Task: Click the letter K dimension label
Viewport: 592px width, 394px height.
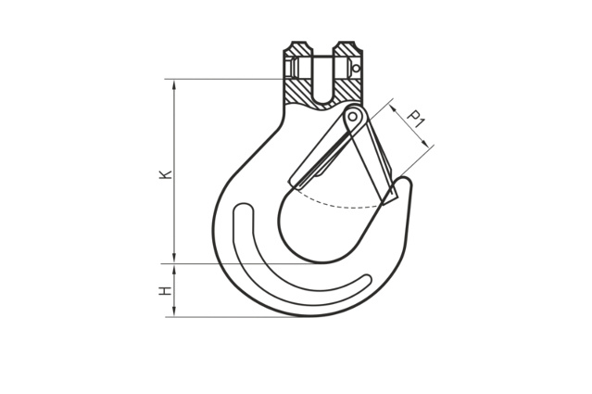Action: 166,174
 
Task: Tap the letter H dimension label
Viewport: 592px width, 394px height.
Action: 166,291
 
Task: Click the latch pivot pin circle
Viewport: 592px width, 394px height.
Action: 353,116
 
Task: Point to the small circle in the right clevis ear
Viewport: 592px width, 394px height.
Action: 356,69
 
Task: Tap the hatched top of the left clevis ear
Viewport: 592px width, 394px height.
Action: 298,49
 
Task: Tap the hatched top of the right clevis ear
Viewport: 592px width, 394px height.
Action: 347,49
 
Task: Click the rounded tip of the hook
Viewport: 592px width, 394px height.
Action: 406,181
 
